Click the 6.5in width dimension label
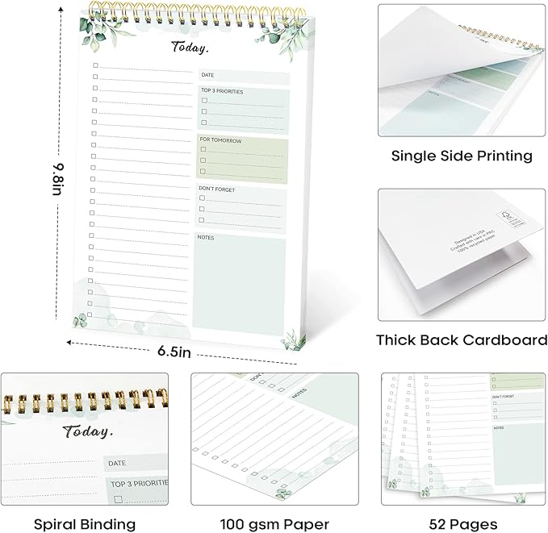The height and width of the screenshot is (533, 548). point(174,352)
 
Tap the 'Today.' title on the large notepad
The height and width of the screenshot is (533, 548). point(190,48)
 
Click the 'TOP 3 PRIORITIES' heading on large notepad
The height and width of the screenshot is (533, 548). point(222,92)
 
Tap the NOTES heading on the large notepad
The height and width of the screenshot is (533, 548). point(207,237)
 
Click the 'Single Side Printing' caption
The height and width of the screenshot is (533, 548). point(462,156)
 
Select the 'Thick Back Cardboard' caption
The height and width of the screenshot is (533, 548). point(462,339)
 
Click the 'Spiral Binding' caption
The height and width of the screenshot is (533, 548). point(85,502)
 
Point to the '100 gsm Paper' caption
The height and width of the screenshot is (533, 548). point(274,502)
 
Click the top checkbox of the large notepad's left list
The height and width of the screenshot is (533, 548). point(95,65)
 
